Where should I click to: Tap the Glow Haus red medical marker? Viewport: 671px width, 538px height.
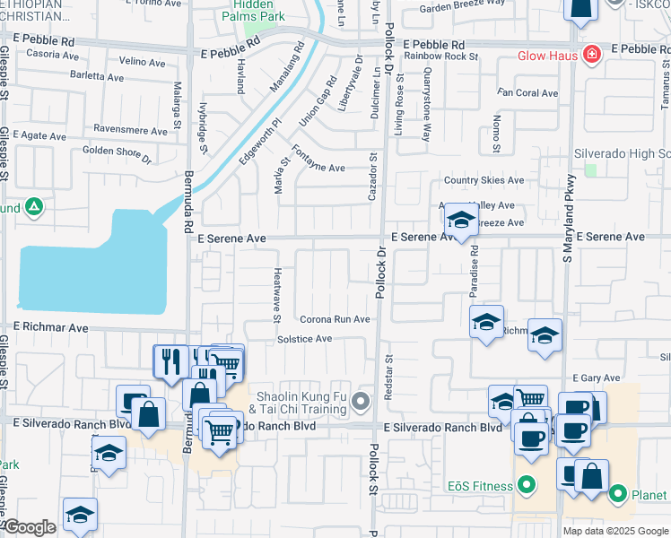coord(590,56)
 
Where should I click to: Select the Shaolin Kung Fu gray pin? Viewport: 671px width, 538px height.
coord(361,401)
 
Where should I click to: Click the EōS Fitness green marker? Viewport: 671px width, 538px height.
coord(527,487)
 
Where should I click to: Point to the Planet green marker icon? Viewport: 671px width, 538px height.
coord(618,494)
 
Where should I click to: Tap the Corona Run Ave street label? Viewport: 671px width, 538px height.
coord(335,319)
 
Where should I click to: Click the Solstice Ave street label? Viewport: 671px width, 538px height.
coord(304,339)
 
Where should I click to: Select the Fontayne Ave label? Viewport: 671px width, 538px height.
coord(318,168)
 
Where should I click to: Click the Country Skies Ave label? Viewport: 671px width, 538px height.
coord(489,180)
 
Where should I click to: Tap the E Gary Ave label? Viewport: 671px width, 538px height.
coord(598,378)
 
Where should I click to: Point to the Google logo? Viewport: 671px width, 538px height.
coord(29,528)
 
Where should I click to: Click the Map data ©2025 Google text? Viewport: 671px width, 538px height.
coord(614,531)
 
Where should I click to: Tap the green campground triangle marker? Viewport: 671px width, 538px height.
coord(33,208)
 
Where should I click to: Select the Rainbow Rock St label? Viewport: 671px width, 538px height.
coord(440,56)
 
